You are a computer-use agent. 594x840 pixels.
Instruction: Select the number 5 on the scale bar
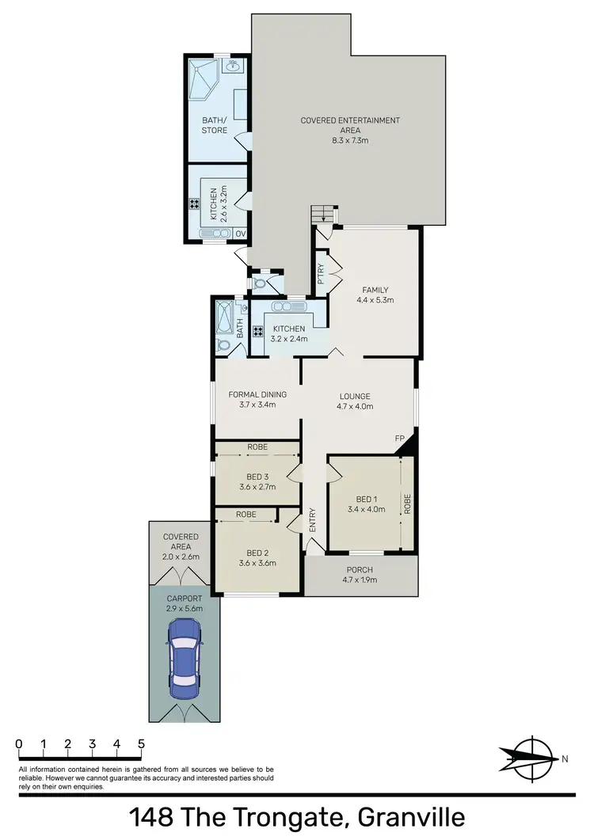(141, 744)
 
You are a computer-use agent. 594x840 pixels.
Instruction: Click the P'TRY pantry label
(321, 274)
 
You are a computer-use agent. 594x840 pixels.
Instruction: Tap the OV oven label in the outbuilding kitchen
(240, 233)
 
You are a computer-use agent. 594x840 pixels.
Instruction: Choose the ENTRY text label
(312, 519)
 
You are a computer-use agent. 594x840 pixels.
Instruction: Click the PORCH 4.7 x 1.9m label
(360, 575)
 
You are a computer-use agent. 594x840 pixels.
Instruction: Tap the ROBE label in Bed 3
(257, 447)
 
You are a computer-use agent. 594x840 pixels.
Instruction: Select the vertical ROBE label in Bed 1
(407, 505)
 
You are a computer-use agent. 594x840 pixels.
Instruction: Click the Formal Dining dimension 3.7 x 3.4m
(257, 405)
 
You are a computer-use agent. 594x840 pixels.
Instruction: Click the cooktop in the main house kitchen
(257, 333)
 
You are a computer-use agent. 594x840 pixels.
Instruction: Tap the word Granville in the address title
(411, 816)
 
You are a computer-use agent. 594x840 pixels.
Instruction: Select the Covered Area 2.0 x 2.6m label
(181, 547)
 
